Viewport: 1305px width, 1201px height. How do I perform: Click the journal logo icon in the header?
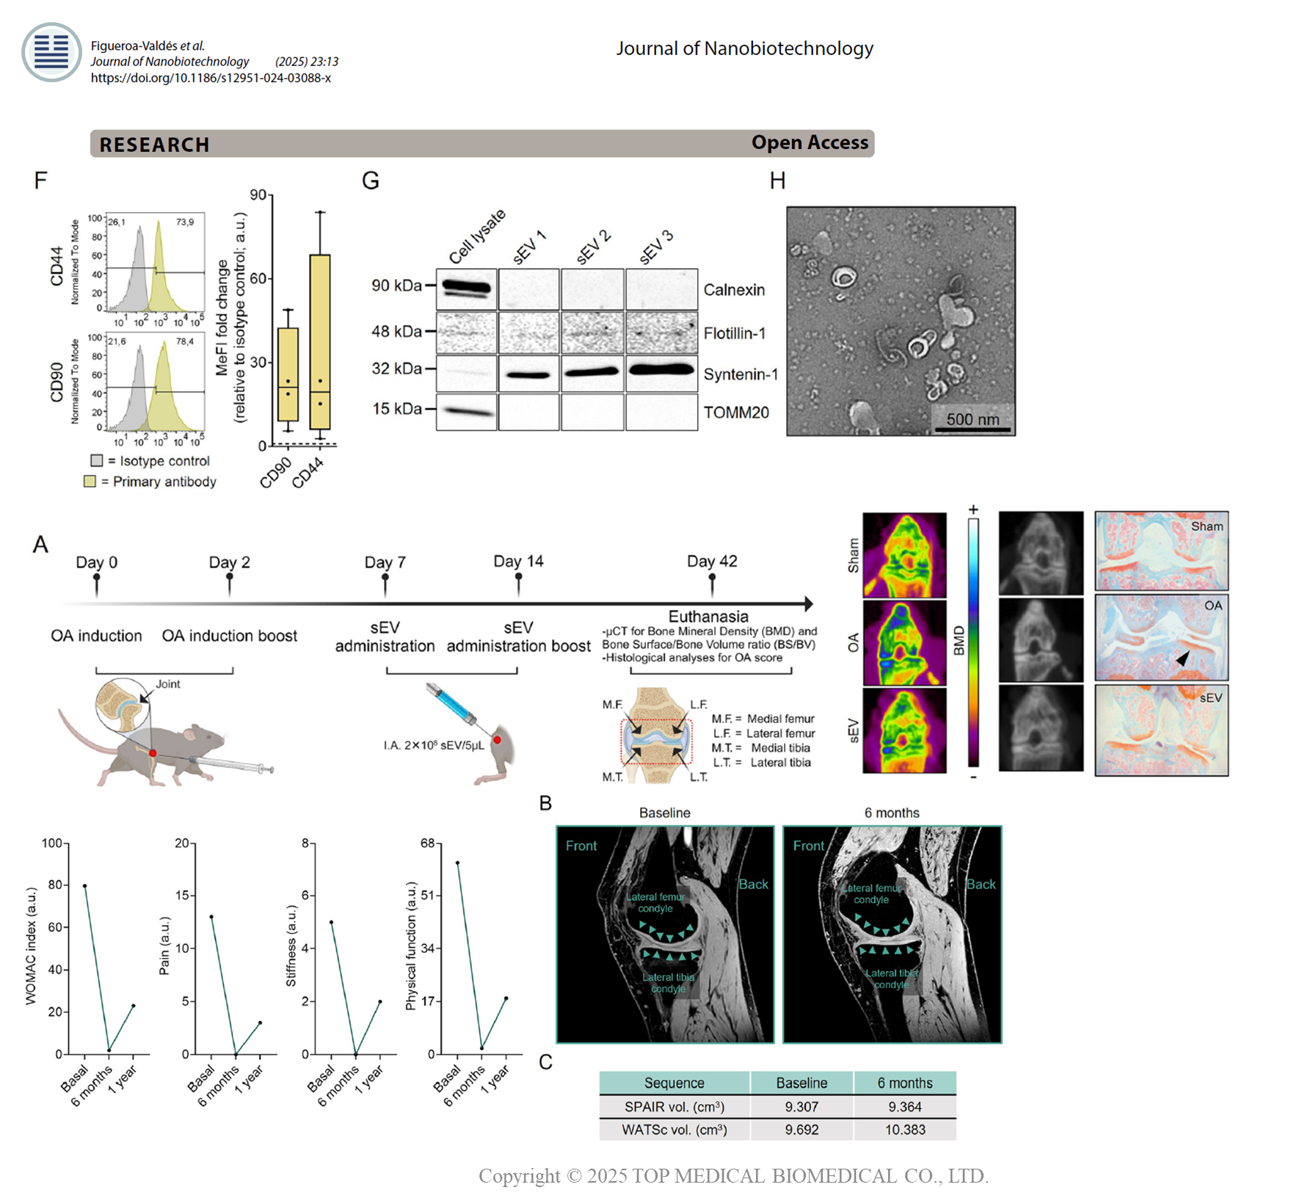pyautogui.click(x=51, y=52)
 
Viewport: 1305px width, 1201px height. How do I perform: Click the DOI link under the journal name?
pyautogui.click(x=211, y=78)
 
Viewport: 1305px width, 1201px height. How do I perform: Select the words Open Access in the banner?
pyautogui.click(x=809, y=142)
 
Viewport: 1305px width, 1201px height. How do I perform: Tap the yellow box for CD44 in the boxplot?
pyautogui.click(x=320, y=341)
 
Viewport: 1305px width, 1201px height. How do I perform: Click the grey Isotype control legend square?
pyautogui.click(x=97, y=460)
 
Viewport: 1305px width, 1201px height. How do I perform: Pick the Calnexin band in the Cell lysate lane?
pyautogui.click(x=466, y=287)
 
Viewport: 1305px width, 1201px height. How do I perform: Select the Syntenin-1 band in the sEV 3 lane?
pyautogui.click(x=661, y=370)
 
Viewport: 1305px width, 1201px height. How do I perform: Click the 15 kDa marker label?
pyautogui.click(x=397, y=408)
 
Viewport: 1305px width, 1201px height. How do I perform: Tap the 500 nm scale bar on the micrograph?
pyautogui.click(x=973, y=429)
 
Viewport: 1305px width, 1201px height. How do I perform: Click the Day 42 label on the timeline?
pyautogui.click(x=712, y=562)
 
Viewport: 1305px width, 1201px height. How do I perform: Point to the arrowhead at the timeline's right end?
pyautogui.click(x=809, y=604)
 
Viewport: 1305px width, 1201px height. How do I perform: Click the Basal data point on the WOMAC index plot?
pyautogui.click(x=84, y=886)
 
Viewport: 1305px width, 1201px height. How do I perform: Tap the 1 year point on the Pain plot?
pyautogui.click(x=260, y=1023)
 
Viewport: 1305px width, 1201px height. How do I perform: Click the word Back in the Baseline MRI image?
pyautogui.click(x=753, y=885)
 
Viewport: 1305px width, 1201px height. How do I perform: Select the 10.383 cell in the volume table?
pyautogui.click(x=904, y=1130)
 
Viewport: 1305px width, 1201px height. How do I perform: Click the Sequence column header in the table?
pyautogui.click(x=674, y=1083)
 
